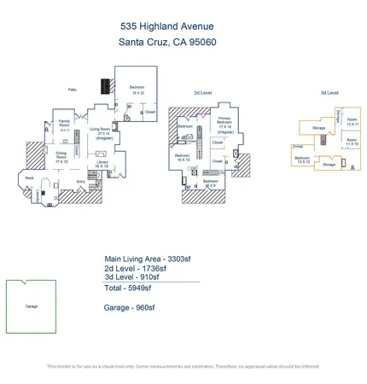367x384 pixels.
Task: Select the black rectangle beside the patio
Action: tap(105, 87)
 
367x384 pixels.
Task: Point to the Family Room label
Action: tap(64, 124)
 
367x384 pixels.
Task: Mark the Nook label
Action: tap(30, 177)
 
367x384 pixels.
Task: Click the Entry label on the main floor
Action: tap(81, 181)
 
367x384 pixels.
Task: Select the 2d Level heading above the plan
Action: tap(202, 92)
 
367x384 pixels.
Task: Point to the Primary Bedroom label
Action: tap(224, 123)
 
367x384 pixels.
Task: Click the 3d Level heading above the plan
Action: tap(329, 92)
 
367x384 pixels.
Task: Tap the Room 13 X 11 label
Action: tap(352, 123)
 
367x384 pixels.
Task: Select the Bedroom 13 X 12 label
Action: tap(302, 160)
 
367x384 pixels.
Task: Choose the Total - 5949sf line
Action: tap(127, 288)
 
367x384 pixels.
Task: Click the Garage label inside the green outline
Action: tap(32, 305)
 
